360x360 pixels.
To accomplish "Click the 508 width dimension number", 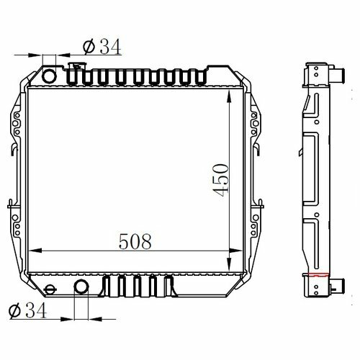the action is [135, 241].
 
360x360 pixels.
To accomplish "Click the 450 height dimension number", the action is [220, 180].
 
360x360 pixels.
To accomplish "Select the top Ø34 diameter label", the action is [102, 47].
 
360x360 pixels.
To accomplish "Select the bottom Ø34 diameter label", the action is [27, 310].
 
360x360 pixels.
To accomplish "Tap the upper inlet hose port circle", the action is [49, 76].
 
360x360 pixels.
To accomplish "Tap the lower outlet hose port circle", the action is [81, 287].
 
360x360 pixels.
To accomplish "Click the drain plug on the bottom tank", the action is [50, 289].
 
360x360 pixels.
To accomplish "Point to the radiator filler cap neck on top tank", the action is [76, 66].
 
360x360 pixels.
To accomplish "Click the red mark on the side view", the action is [319, 275].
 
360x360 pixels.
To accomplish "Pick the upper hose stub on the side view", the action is [339, 74].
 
